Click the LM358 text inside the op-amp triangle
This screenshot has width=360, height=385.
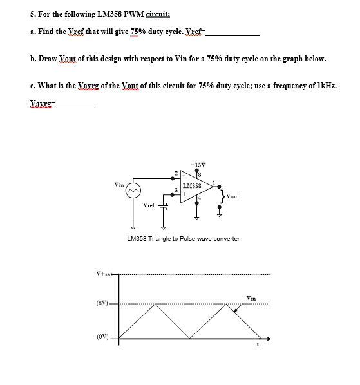point(193,185)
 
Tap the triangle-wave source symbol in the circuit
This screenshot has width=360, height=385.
point(135,192)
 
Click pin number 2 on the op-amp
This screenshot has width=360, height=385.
point(174,172)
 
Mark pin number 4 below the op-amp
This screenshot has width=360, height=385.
point(200,198)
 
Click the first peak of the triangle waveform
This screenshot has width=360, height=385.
point(152,305)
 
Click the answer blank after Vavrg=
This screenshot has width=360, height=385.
point(75,107)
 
